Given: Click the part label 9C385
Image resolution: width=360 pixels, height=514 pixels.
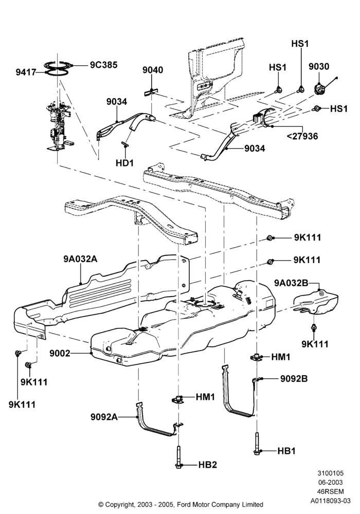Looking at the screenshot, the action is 103,65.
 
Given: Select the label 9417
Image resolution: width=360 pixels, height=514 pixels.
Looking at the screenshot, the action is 26,72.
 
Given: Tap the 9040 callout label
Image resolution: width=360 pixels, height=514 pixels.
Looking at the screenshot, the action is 152,70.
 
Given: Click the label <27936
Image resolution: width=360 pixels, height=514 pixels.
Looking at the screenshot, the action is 302,136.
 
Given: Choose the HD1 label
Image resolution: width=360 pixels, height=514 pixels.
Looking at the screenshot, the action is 124,162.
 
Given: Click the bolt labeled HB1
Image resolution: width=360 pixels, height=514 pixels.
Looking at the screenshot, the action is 257,443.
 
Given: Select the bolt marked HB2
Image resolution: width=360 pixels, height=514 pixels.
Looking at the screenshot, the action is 178,457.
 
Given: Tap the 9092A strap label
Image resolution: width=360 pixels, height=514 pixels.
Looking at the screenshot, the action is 104,417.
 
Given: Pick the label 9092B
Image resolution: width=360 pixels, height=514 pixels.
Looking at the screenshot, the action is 294,379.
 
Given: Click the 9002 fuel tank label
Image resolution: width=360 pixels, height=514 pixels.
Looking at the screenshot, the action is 60,354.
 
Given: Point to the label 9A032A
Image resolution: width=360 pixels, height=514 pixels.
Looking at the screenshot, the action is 80,259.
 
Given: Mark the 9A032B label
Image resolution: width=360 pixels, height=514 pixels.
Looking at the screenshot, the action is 291,283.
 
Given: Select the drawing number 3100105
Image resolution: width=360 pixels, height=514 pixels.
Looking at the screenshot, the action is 331,473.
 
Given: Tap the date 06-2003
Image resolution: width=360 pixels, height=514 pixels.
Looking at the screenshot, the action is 331,483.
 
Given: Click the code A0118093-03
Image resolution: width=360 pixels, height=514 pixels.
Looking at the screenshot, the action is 331,501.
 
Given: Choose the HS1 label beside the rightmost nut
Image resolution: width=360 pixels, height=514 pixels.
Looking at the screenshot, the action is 339,108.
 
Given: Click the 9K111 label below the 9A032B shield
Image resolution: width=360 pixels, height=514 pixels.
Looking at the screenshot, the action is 315,344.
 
